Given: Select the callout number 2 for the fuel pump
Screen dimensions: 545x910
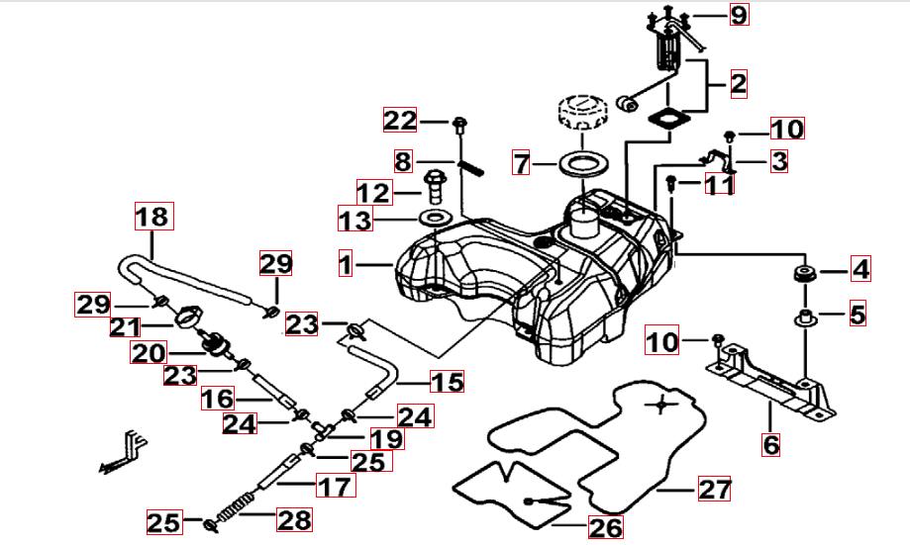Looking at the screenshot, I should tap(739, 84).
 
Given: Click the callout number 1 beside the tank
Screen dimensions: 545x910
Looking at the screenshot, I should tap(345, 265).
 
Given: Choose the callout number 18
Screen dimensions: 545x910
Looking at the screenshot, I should tap(153, 216).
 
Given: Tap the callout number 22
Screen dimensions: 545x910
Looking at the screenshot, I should tap(401, 121).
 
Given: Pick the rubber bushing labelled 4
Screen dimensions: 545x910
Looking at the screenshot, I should tap(803, 272).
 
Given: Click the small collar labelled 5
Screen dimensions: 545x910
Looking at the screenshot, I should tap(806, 318).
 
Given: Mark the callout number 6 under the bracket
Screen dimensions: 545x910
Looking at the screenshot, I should tap(771, 444).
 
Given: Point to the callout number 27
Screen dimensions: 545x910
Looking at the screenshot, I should tap(716, 489).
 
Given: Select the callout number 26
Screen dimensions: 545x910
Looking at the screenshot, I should tap(605, 527).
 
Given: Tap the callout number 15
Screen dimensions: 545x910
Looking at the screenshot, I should tap(448, 381).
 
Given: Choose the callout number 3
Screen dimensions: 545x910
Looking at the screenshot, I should tap(779, 161).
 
